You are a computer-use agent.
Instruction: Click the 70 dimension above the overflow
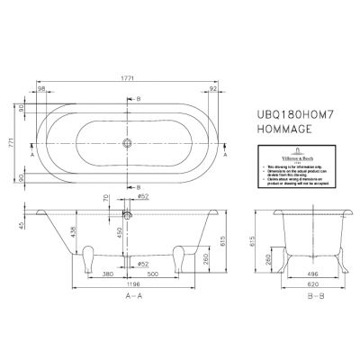105,197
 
